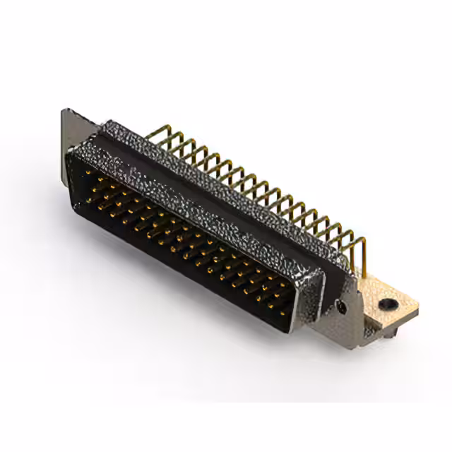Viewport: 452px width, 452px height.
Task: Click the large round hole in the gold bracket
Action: coord(387,305)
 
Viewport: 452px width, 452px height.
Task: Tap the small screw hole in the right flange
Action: coord(342,306)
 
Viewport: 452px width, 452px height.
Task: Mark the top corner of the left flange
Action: coord(65,109)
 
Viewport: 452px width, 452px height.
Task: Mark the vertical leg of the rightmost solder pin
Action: coord(363,254)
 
